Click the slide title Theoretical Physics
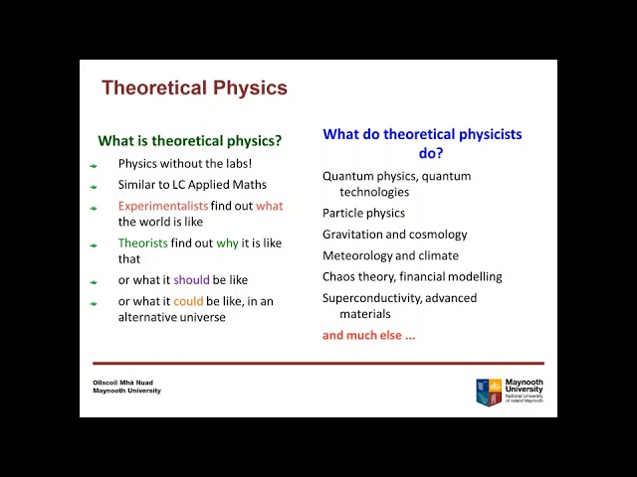tap(194, 87)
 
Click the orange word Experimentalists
tap(163, 206)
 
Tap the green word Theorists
tap(143, 242)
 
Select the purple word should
tap(191, 280)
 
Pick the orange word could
tap(188, 301)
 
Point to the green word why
tap(227, 243)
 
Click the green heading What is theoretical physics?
tap(190, 141)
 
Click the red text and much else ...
tap(368, 335)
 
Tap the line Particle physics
tap(363, 213)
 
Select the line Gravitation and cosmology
tap(394, 235)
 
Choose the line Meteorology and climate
tap(390, 255)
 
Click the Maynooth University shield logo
tap(489, 393)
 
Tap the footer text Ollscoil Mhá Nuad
tap(122, 383)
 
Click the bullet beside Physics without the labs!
tap(94, 166)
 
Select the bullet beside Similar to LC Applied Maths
tap(94, 187)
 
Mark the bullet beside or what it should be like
tap(94, 282)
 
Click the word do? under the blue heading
tap(431, 153)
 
